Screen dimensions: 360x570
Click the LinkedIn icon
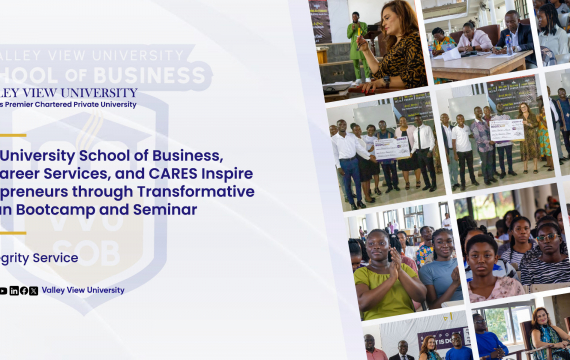click(x=14, y=290)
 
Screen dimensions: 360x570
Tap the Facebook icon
click(x=24, y=290)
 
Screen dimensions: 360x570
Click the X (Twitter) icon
click(x=33, y=290)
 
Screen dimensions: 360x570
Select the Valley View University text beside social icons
click(x=83, y=290)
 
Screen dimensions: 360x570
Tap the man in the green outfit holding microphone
click(x=357, y=45)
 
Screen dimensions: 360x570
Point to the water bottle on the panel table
click(x=450, y=46)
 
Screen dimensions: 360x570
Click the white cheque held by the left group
click(x=391, y=148)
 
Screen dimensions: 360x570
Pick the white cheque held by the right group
click(x=506, y=130)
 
